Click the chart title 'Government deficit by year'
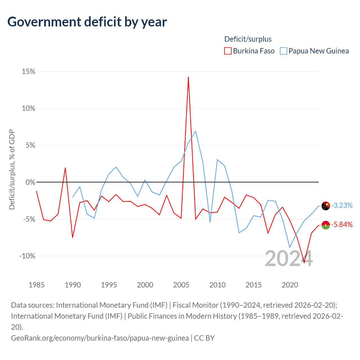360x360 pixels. [x=87, y=22]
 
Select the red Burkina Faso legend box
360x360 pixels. [x=228, y=51]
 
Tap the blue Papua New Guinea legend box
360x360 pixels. [x=283, y=51]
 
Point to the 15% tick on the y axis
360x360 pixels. [x=29, y=72]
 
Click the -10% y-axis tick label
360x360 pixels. [x=27, y=256]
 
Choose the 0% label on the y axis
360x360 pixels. [x=30, y=182]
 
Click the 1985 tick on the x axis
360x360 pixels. [x=37, y=285]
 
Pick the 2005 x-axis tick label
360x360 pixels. [x=181, y=285]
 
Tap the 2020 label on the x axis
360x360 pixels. [x=290, y=285]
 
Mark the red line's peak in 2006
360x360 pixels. [x=188, y=77]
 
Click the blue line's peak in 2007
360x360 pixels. [x=195, y=131]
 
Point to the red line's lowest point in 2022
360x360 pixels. [x=304, y=262]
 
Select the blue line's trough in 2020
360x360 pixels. [x=290, y=247]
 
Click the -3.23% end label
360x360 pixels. [x=342, y=206]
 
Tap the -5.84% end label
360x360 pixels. [x=342, y=225]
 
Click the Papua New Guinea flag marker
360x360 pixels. [x=326, y=206]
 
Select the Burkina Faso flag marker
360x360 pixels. [x=326, y=225]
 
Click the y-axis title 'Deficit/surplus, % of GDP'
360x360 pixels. [x=12, y=170]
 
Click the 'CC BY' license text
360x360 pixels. [x=204, y=338]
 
